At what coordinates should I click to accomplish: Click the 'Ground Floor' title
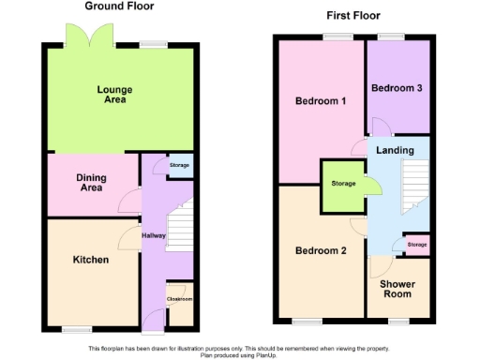119,7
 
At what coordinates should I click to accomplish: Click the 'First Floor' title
352,16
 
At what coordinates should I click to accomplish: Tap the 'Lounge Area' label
114,95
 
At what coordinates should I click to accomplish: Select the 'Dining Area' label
91,182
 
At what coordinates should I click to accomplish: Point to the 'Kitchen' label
91,260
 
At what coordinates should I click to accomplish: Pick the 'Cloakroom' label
179,299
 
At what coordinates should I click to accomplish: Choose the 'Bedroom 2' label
322,250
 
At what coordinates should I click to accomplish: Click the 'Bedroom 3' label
397,88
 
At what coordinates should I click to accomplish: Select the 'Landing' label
395,150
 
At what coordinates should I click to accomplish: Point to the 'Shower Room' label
397,288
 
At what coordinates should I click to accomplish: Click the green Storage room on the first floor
343,184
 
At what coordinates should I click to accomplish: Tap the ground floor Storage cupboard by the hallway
179,166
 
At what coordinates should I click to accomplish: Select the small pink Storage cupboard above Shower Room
416,245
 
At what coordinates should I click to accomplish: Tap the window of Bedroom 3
392,37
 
